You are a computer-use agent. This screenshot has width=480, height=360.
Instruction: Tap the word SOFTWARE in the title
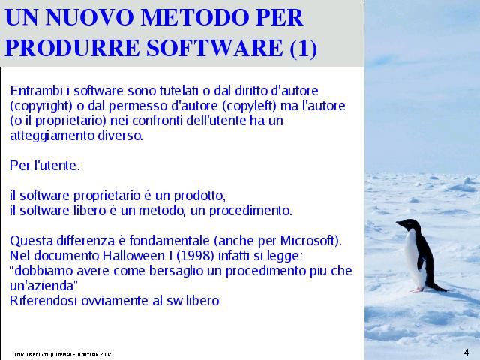(x=214, y=48)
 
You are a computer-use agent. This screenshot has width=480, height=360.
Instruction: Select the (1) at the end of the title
(x=303, y=49)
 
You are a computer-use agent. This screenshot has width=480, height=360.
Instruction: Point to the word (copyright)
(x=41, y=106)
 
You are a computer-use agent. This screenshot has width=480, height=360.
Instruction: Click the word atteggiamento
(x=52, y=136)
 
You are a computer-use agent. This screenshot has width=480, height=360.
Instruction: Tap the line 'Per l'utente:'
(x=45, y=166)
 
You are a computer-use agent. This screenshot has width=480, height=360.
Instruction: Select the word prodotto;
(x=200, y=196)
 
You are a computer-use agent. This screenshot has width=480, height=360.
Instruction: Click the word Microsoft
(x=308, y=241)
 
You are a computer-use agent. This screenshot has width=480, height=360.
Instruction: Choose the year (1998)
(x=195, y=256)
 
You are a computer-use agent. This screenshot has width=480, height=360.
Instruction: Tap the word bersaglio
(x=176, y=271)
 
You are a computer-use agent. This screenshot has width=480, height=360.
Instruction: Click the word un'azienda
(x=43, y=286)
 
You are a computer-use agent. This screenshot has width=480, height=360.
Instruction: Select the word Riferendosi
(x=43, y=301)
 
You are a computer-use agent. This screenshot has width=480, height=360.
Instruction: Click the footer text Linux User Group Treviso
(x=42, y=354)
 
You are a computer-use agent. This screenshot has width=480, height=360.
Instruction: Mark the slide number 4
(x=466, y=352)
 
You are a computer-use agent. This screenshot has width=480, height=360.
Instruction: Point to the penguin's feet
(x=418, y=289)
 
